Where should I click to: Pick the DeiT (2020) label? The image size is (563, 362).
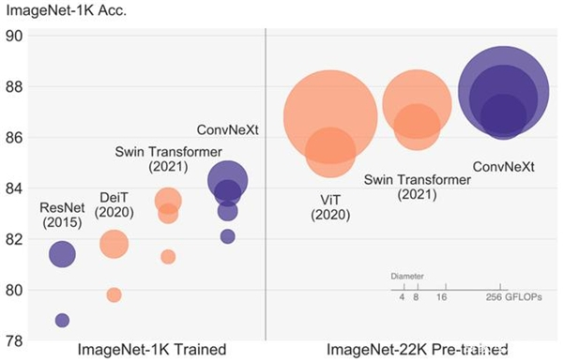115,204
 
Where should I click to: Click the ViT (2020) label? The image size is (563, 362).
329,206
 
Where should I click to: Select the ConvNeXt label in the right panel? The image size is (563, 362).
503,167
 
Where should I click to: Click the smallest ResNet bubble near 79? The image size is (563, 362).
63,321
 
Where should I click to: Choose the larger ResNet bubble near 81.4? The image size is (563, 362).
63,254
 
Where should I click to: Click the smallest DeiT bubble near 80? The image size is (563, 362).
114,295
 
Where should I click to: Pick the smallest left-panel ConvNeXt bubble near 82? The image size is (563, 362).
227,236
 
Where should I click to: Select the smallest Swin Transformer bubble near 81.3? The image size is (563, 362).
168,257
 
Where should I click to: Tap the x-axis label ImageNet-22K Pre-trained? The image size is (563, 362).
412,351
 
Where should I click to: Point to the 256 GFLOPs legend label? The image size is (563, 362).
519,298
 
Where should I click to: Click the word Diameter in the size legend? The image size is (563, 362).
406,278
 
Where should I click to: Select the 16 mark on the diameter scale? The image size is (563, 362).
442,298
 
